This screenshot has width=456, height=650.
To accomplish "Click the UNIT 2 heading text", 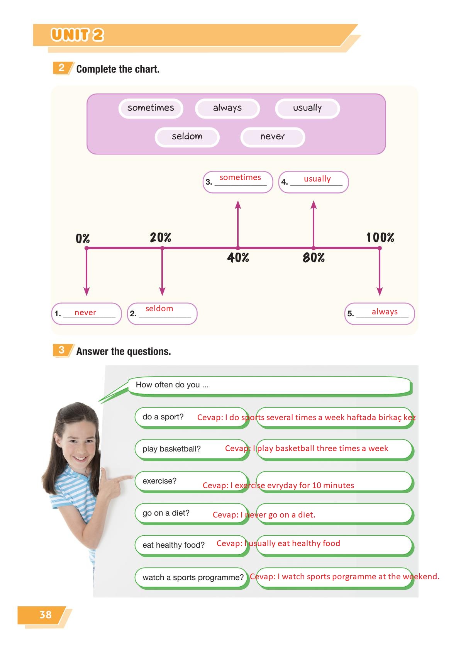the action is pyautogui.click(x=77, y=35).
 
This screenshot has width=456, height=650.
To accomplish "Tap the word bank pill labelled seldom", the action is pyautogui.click(x=187, y=137).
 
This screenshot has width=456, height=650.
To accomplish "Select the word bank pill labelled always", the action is pyautogui.click(x=227, y=108).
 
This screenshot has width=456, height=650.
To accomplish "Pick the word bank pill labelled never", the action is pyautogui.click(x=273, y=137).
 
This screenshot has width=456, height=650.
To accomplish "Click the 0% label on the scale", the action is pyautogui.click(x=83, y=239).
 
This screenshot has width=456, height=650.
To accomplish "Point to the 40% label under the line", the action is pyautogui.click(x=238, y=257).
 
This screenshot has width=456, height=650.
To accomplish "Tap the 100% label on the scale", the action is pyautogui.click(x=380, y=238).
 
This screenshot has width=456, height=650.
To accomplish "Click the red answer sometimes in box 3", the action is pyautogui.click(x=240, y=177).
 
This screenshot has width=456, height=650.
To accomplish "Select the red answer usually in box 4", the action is pyautogui.click(x=317, y=179).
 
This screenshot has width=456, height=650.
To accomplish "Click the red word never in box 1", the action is pyautogui.click(x=85, y=312).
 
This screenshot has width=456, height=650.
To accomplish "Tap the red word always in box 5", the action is pyautogui.click(x=385, y=312).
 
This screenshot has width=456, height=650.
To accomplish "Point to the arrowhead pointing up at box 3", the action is pyautogui.click(x=238, y=204).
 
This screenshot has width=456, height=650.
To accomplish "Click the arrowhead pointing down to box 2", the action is pyautogui.click(x=162, y=291).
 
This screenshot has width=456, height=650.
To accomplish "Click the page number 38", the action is pyautogui.click(x=46, y=614).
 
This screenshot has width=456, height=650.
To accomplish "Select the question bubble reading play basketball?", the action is pyautogui.click(x=192, y=449).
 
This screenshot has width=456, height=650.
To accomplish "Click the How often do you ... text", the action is pyautogui.click(x=172, y=385).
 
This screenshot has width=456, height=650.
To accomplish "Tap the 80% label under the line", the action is pyautogui.click(x=314, y=257).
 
